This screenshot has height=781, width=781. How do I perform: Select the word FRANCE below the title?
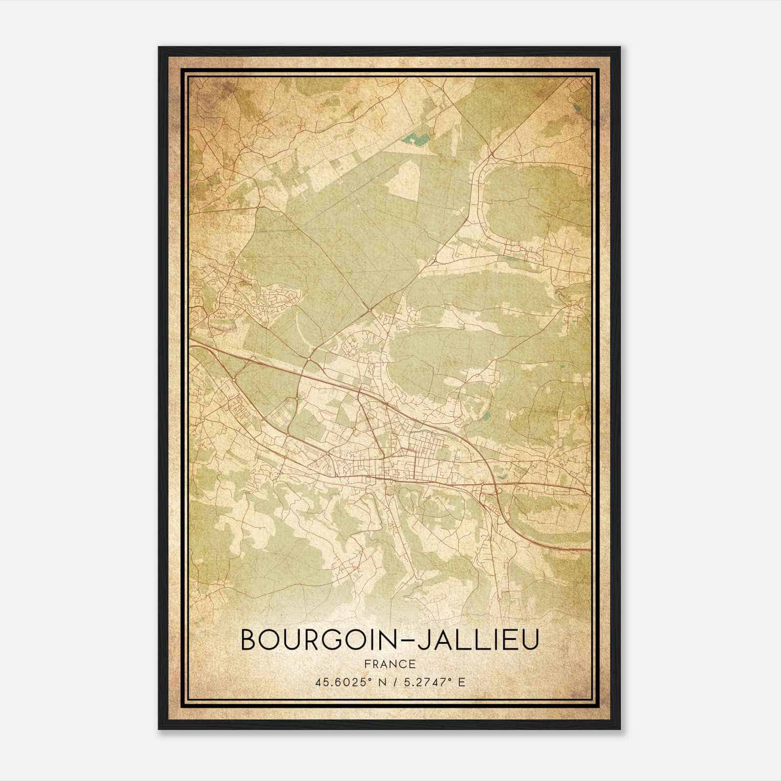pyautogui.click(x=390, y=664)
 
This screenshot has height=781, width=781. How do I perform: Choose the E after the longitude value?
pyautogui.click(x=462, y=682)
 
